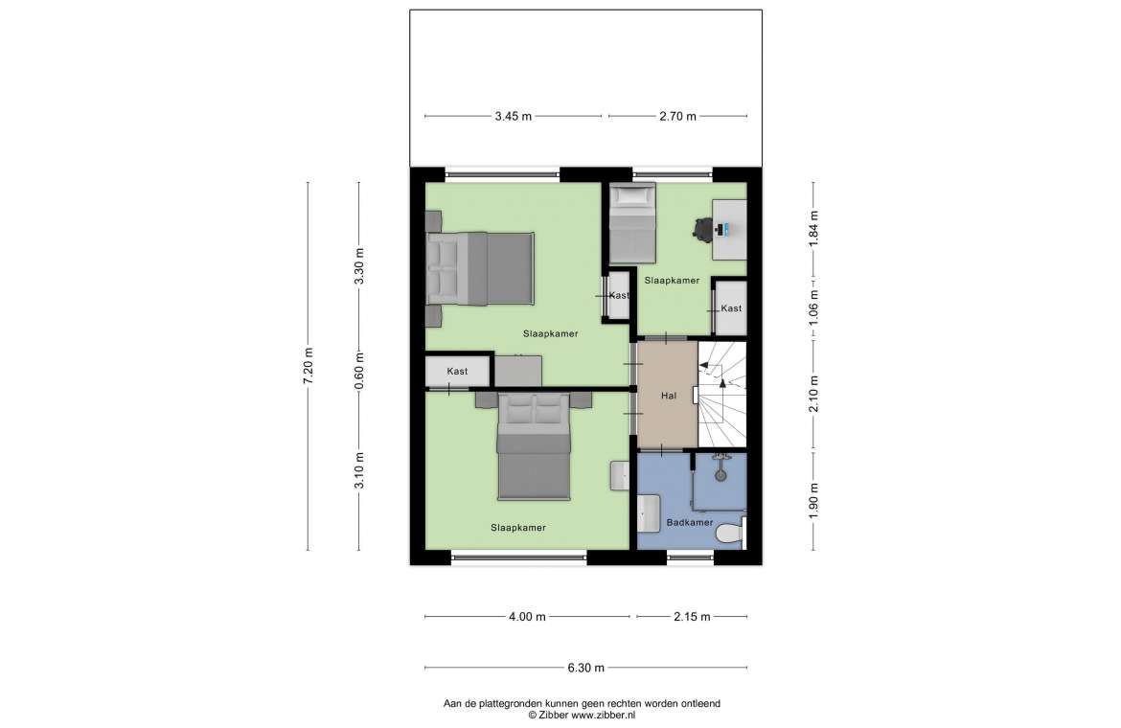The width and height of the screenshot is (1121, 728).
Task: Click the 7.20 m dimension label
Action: [309, 366]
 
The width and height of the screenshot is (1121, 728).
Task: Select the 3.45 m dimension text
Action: [514, 116]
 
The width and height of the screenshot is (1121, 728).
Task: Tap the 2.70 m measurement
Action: [677, 116]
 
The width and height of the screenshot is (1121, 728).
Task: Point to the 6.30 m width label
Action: [586, 668]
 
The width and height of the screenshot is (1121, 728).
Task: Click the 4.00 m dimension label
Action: [528, 617]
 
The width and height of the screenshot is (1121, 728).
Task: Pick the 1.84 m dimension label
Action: [812, 229]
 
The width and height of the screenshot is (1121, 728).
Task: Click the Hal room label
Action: [669, 395]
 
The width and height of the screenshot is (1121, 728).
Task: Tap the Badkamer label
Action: [689, 522]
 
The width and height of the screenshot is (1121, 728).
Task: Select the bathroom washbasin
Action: [650, 513]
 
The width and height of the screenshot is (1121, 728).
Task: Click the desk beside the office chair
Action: [729, 229]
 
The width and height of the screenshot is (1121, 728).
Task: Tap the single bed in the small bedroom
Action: [632, 223]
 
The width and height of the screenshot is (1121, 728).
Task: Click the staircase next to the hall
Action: [722, 395]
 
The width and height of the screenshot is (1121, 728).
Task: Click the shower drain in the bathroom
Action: [721, 474]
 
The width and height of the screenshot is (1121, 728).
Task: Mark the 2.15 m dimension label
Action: [692, 617]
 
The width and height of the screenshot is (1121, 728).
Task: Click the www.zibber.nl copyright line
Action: [582, 715]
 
